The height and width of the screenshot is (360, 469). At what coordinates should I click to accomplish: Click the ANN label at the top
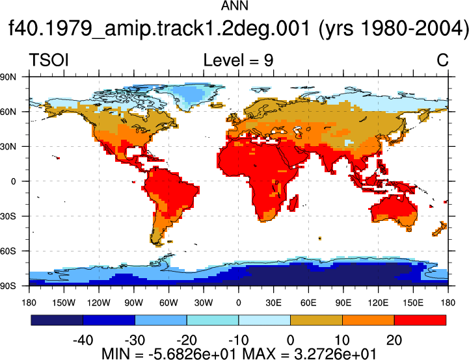(x=234, y=6)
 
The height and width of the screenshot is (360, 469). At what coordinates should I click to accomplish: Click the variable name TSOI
(x=49, y=60)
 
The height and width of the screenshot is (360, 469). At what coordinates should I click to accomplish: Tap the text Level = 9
(x=238, y=60)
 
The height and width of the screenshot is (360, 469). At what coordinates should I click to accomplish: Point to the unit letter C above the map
(x=442, y=60)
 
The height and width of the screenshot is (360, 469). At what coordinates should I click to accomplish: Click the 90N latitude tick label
(x=8, y=77)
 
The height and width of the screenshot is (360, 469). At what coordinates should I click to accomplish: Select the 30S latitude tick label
(x=8, y=216)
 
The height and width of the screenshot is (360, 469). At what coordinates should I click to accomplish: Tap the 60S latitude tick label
(x=8, y=251)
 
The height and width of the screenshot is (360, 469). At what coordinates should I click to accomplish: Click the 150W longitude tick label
(x=64, y=303)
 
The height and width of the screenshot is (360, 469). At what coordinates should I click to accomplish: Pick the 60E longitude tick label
(x=308, y=303)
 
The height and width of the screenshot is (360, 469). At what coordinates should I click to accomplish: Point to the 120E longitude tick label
(x=378, y=303)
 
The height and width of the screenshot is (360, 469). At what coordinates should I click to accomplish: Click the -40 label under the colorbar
(x=83, y=340)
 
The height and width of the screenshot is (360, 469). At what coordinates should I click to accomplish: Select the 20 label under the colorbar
(x=394, y=340)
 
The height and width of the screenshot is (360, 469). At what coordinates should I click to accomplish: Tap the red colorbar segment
(x=420, y=320)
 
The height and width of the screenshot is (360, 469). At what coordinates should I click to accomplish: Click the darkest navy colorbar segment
(x=57, y=320)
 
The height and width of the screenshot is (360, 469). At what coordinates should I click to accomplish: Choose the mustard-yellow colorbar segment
(x=316, y=320)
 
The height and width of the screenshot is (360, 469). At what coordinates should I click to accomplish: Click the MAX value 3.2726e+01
(x=335, y=354)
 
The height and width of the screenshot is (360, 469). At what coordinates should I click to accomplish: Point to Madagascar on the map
(x=294, y=203)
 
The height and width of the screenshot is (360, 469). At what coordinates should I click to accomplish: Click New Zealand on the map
(x=440, y=229)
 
